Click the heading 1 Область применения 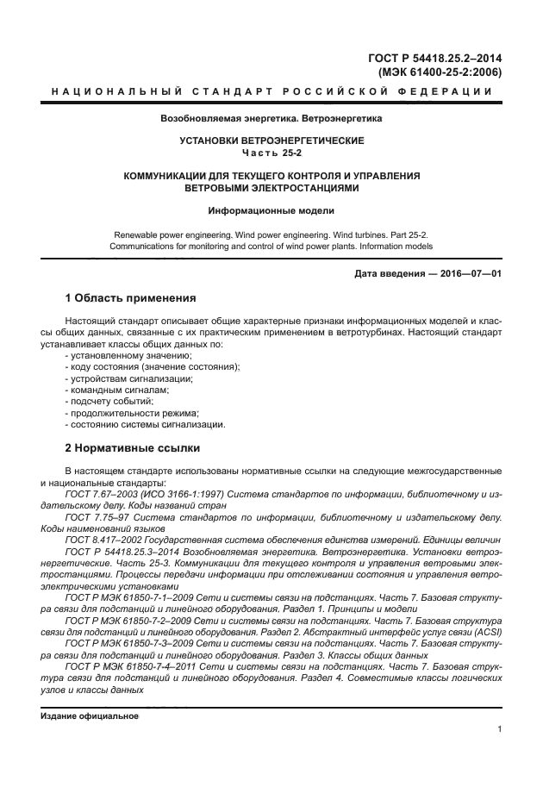pyautogui.click(x=131, y=298)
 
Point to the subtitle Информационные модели pyautogui.click(x=271, y=209)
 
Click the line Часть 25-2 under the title pyautogui.click(x=271, y=153)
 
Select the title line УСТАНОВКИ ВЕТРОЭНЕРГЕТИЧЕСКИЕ pyautogui.click(x=271, y=141)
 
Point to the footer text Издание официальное pyautogui.click(x=89, y=715)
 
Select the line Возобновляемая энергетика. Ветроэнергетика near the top pyautogui.click(x=271, y=117)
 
